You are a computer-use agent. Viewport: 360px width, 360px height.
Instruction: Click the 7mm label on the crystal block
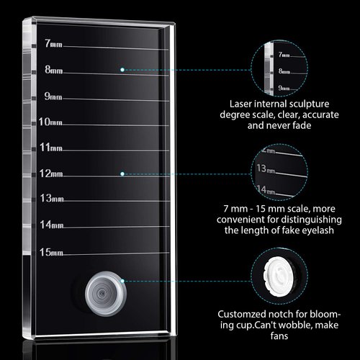point(53,44)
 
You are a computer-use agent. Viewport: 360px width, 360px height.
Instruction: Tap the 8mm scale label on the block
point(53,70)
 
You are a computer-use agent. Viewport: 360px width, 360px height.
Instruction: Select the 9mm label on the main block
point(52,96)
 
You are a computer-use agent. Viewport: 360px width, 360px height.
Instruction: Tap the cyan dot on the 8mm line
point(124,69)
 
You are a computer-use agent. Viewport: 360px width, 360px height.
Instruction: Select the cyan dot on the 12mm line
point(123,174)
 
